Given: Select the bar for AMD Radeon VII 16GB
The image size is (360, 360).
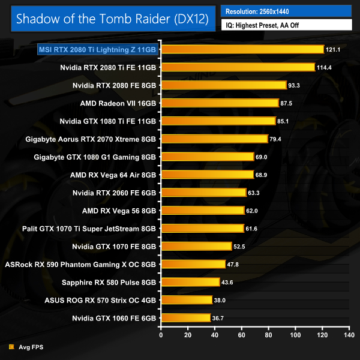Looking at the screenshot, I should [220, 103].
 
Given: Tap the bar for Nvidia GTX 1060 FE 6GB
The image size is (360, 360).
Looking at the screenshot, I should [185, 317].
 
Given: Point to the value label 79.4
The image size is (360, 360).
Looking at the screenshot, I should [277, 139].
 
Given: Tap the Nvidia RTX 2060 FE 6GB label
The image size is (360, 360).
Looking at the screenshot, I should [114, 193].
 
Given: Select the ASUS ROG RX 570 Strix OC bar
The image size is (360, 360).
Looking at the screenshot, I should [187, 299].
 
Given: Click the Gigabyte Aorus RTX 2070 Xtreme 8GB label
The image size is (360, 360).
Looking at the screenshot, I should [91, 139].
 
